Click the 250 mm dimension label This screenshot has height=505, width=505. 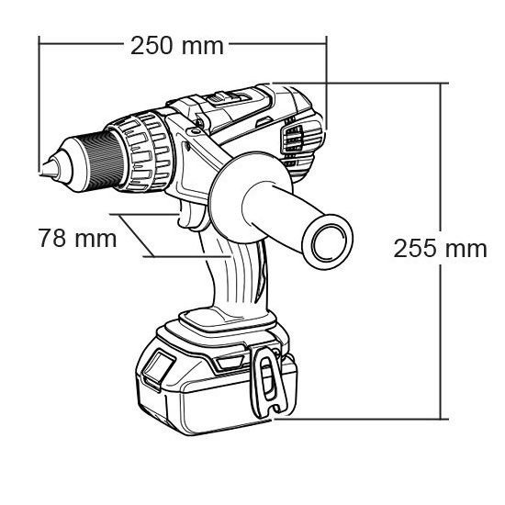(x=177, y=46)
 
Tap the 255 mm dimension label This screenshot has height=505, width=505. (x=440, y=248)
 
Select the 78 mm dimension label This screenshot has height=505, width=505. (x=77, y=238)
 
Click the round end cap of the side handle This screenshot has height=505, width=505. (x=328, y=241)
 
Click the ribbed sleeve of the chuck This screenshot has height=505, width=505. (x=107, y=161)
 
